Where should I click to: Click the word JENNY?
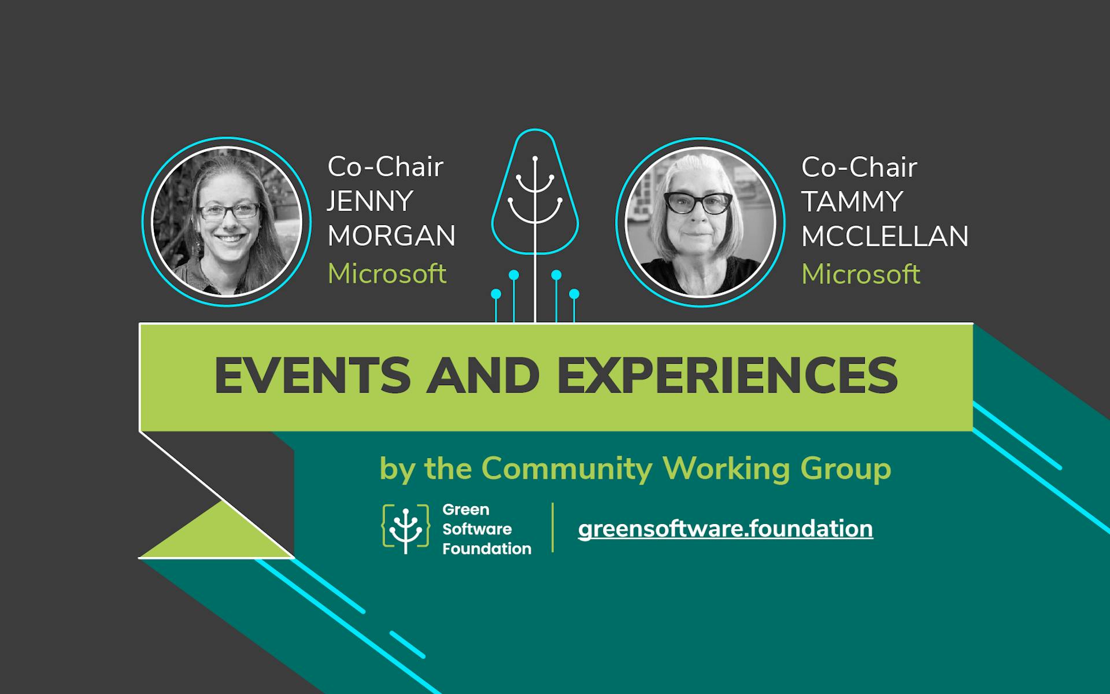click(x=370, y=201)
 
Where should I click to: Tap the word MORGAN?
click(x=391, y=236)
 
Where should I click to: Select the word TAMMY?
click(x=852, y=202)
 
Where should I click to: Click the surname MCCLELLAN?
click(x=885, y=237)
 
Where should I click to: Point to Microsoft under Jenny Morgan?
click(x=387, y=274)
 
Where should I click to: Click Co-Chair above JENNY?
click(x=385, y=167)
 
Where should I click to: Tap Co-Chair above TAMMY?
click(x=859, y=168)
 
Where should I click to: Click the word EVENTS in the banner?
click(x=312, y=376)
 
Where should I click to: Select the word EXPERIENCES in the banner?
click(x=727, y=376)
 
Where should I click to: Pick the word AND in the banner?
click(x=483, y=376)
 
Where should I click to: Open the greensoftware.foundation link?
click(x=725, y=529)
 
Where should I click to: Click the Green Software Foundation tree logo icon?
click(x=405, y=527)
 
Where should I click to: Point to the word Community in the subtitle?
click(x=567, y=468)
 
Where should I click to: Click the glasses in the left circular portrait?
click(x=230, y=211)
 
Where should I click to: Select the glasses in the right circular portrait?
click(x=698, y=203)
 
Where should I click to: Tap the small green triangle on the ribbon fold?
click(x=220, y=535)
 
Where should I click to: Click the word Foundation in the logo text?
click(x=486, y=549)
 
